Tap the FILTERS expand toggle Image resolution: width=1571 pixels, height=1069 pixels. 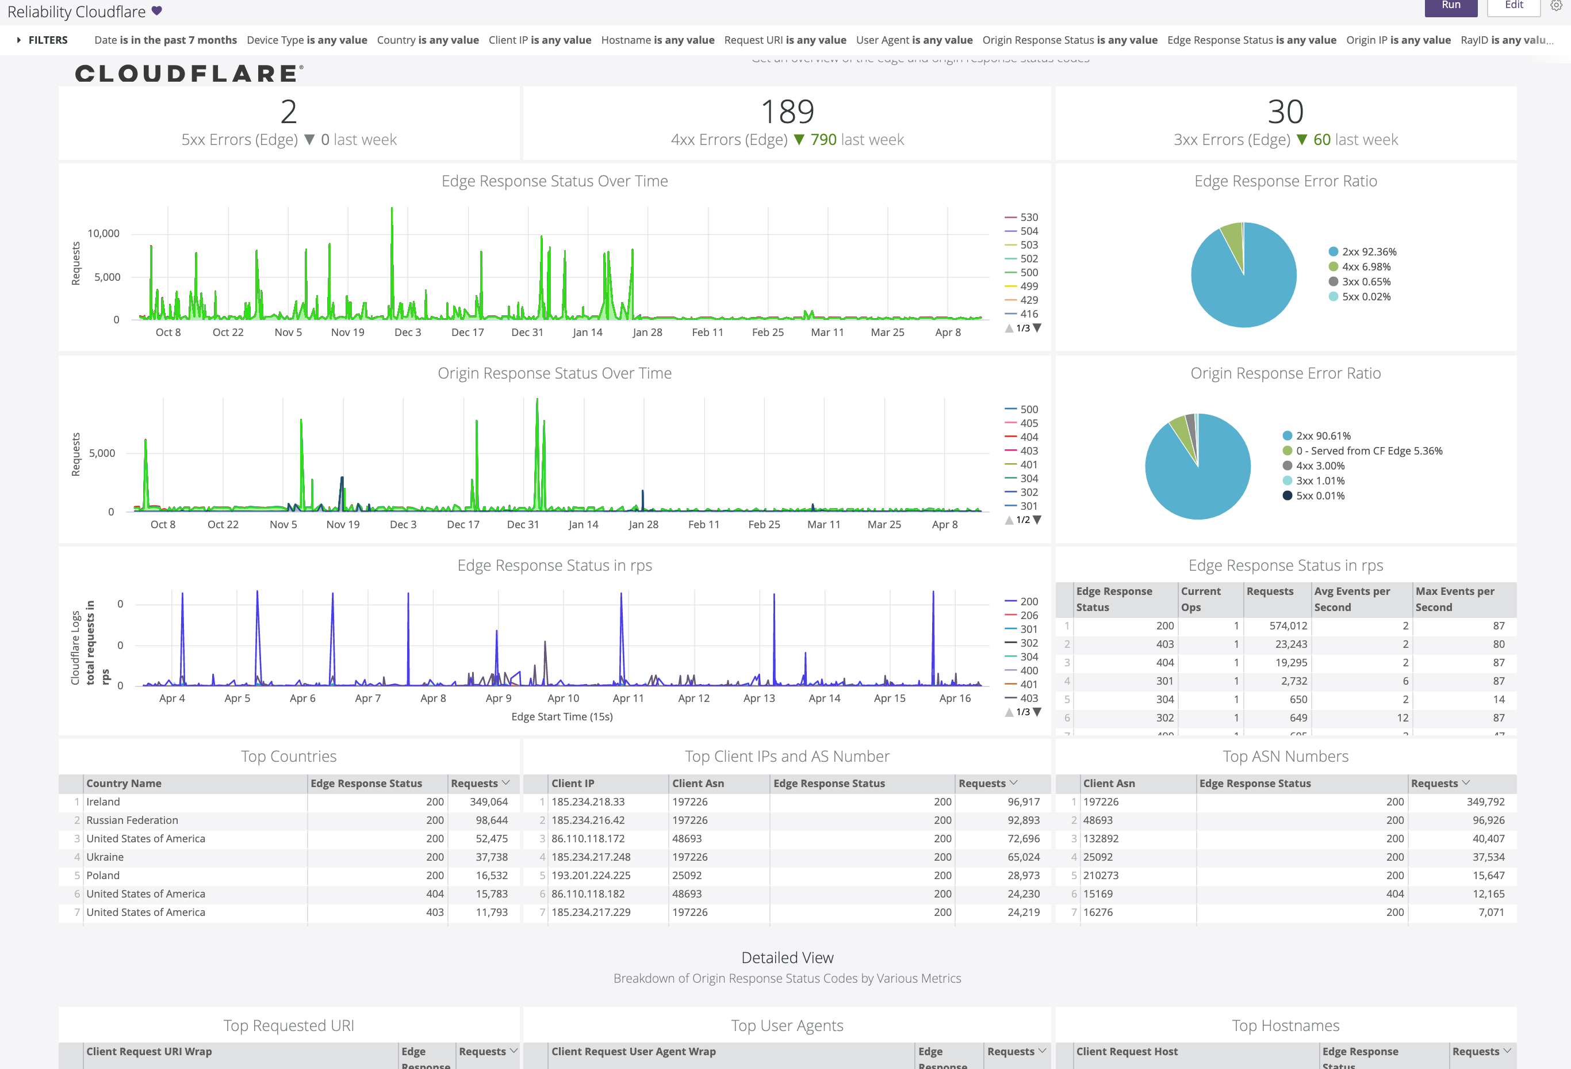[19, 40]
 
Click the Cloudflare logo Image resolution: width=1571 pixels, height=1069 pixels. [189, 73]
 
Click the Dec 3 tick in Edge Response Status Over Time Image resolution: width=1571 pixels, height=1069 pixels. [408, 332]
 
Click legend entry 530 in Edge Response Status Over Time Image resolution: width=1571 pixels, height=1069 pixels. [1028, 217]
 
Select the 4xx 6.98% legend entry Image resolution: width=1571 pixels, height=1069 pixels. [1366, 266]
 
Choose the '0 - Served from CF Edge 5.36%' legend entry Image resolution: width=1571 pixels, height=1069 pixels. [1368, 451]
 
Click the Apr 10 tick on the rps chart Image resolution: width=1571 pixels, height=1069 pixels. [563, 698]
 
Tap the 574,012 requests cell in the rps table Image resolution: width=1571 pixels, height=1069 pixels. [1288, 626]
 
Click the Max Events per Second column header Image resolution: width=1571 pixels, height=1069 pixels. [1454, 598]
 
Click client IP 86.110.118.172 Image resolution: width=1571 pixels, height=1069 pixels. [588, 838]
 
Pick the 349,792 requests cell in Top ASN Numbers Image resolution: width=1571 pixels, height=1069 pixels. [1485, 802]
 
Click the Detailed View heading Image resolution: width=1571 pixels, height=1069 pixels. [787, 957]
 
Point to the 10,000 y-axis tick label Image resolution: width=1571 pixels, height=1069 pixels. [104, 233]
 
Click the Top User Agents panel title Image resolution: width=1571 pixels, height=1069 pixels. [787, 1026]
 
